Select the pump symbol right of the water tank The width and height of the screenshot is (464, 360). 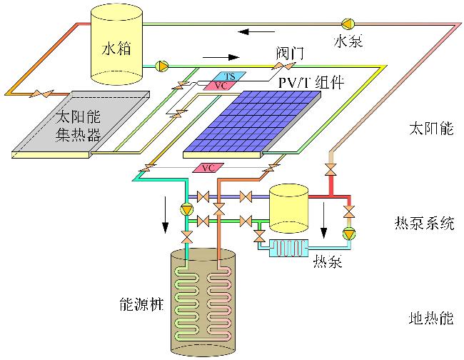coord(162,66)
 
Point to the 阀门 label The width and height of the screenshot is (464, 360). coord(291,54)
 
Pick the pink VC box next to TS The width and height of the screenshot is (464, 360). coord(221,86)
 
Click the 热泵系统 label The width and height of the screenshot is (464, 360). coord(424,223)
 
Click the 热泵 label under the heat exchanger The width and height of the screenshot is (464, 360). coord(328,261)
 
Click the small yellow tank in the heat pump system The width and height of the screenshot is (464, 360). coord(288,207)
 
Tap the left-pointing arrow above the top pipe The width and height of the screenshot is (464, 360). coord(254,32)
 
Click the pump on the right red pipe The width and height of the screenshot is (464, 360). coord(349,234)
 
